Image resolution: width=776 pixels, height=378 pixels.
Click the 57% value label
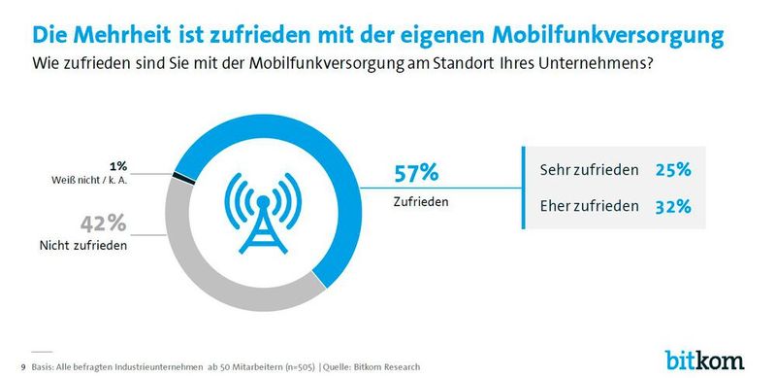tap(416, 173)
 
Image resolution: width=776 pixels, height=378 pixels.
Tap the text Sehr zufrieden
tap(588, 170)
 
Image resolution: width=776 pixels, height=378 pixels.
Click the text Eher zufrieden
tap(588, 207)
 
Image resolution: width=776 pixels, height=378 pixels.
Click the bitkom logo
tap(705, 359)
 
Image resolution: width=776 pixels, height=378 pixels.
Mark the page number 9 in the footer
tap(23, 366)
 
